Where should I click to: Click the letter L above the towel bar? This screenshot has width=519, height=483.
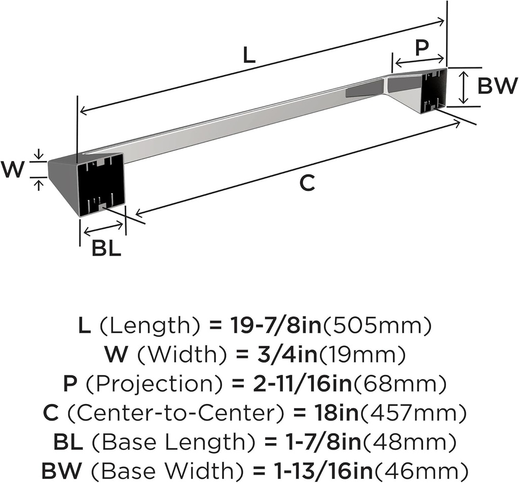point(249,55)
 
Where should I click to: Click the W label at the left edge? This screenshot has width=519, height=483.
point(12,170)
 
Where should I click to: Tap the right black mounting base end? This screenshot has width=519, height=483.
point(434,90)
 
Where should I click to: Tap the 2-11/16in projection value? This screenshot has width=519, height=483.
point(302,383)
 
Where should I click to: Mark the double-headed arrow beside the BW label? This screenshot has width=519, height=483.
point(465,87)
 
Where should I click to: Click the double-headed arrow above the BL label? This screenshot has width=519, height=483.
point(103,229)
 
